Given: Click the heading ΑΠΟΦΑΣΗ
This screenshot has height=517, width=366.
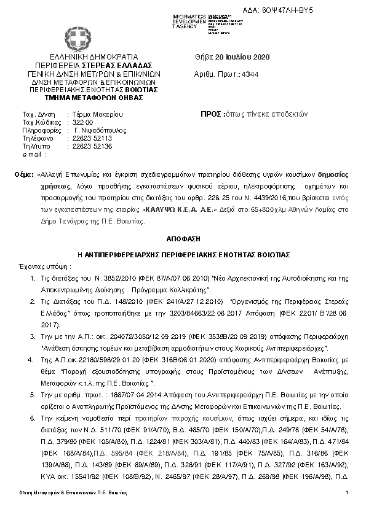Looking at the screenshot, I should click(182, 238).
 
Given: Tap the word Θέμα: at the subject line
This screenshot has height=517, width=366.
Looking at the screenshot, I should click(24, 175).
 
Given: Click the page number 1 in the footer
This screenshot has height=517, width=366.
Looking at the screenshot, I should click(347, 494).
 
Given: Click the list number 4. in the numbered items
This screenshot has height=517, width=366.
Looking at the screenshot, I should click(32, 356).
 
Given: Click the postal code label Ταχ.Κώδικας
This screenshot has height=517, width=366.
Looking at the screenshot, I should click(40, 122).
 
